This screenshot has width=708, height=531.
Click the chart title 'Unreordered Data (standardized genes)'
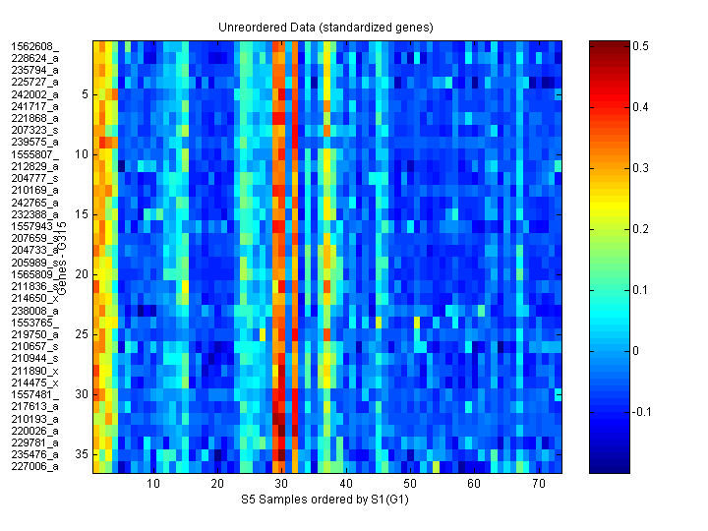pos(325,27)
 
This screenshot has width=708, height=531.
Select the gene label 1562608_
pos(34,46)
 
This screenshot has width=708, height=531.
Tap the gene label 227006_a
pos(34,467)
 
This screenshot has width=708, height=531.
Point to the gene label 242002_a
pos(34,94)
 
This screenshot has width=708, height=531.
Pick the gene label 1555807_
pos(34,154)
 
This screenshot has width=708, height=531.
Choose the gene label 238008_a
pos(34,311)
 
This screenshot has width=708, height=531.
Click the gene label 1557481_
pos(34,394)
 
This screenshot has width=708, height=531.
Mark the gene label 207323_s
pos(34,130)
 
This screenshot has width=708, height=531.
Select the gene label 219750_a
pos(34,334)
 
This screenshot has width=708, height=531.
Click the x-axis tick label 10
pos(153,485)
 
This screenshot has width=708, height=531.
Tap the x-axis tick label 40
pos(345,485)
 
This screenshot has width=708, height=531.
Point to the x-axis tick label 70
pos(538,485)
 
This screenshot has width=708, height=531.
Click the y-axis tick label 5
pos(86,94)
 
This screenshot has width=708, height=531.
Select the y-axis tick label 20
pos(83,274)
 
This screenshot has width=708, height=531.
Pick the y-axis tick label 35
pos(83,454)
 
